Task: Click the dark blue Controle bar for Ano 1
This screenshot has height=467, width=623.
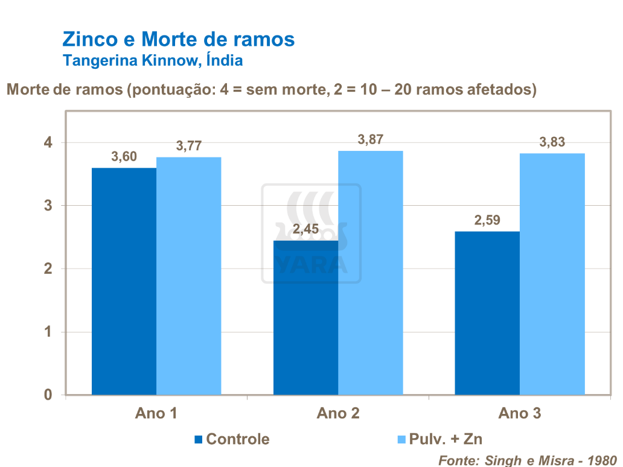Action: (x=124, y=281)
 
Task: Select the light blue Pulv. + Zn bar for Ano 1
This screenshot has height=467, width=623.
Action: (x=189, y=276)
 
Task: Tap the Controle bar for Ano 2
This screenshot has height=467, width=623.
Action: (x=305, y=317)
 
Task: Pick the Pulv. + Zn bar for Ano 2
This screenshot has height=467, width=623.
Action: (x=371, y=273)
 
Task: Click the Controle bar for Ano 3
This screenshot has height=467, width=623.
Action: (x=487, y=313)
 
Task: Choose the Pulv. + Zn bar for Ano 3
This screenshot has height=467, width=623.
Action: (x=552, y=274)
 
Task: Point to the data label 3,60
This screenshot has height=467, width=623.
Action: (x=124, y=157)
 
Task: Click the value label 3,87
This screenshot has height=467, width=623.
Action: (x=371, y=139)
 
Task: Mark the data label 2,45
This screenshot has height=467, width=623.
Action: (x=305, y=229)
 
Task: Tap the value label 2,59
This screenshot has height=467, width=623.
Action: (x=487, y=220)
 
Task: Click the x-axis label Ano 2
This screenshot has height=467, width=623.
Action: (x=338, y=414)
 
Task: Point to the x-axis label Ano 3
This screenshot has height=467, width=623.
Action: (x=520, y=414)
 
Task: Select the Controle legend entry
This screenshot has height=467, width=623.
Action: (x=232, y=439)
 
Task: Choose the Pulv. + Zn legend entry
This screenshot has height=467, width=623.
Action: (x=439, y=439)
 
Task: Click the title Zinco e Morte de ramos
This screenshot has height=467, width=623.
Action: (x=179, y=40)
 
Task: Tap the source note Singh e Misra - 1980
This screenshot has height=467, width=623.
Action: (x=528, y=460)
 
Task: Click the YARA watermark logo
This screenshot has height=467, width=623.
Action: (x=311, y=234)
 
